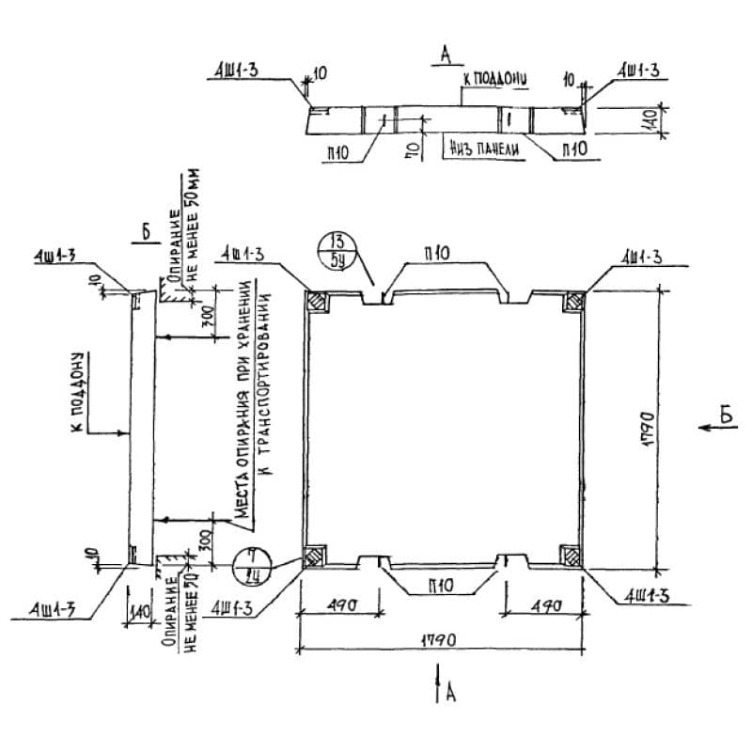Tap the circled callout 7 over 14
[x=250, y=566]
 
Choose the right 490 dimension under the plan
[x=541, y=606]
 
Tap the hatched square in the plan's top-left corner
[x=317, y=303]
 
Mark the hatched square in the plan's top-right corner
[x=571, y=303]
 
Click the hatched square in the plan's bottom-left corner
[x=316, y=555]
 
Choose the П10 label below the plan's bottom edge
[x=439, y=586]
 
